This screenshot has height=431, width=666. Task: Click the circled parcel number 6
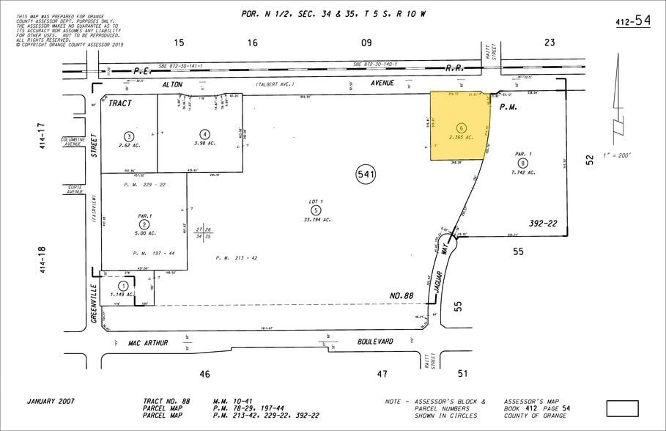tap(461, 128)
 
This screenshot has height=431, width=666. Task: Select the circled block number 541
tap(366, 175)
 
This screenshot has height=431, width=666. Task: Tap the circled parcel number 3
tap(129, 136)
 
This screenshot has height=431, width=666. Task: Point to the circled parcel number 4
tap(205, 134)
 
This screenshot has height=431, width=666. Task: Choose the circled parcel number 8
tap(522, 163)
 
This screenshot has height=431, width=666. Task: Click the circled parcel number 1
tap(123, 286)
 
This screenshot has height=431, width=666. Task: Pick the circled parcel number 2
tap(145, 224)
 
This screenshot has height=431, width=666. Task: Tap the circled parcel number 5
tap(317, 210)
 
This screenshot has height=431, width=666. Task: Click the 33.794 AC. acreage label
tap(317, 220)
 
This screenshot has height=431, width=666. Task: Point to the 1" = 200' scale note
tap(614, 155)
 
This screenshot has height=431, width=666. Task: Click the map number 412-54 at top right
tap(632, 21)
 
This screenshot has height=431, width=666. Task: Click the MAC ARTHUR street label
tap(148, 342)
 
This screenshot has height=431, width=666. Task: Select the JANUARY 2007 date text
tap(51, 401)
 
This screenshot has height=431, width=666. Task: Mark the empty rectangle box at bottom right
tap(622, 408)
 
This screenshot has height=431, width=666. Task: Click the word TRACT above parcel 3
tap(120, 103)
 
